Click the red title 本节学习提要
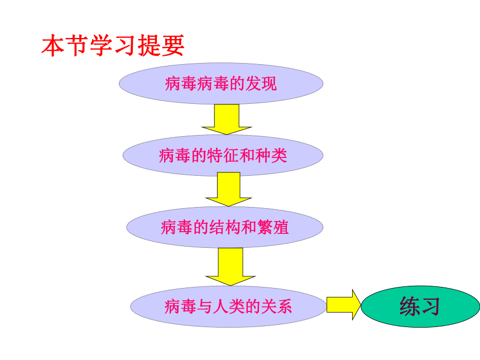113,45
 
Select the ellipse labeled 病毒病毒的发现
221,84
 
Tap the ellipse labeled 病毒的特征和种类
223,156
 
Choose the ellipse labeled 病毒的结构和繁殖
225,227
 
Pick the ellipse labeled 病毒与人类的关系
228,306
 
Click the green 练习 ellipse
420,306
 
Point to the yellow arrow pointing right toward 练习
344,305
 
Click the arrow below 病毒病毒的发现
227,119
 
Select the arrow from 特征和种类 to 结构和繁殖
229,189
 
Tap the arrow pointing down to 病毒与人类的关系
230,267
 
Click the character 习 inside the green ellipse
430,306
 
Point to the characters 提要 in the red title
161,45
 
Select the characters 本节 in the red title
65,45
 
